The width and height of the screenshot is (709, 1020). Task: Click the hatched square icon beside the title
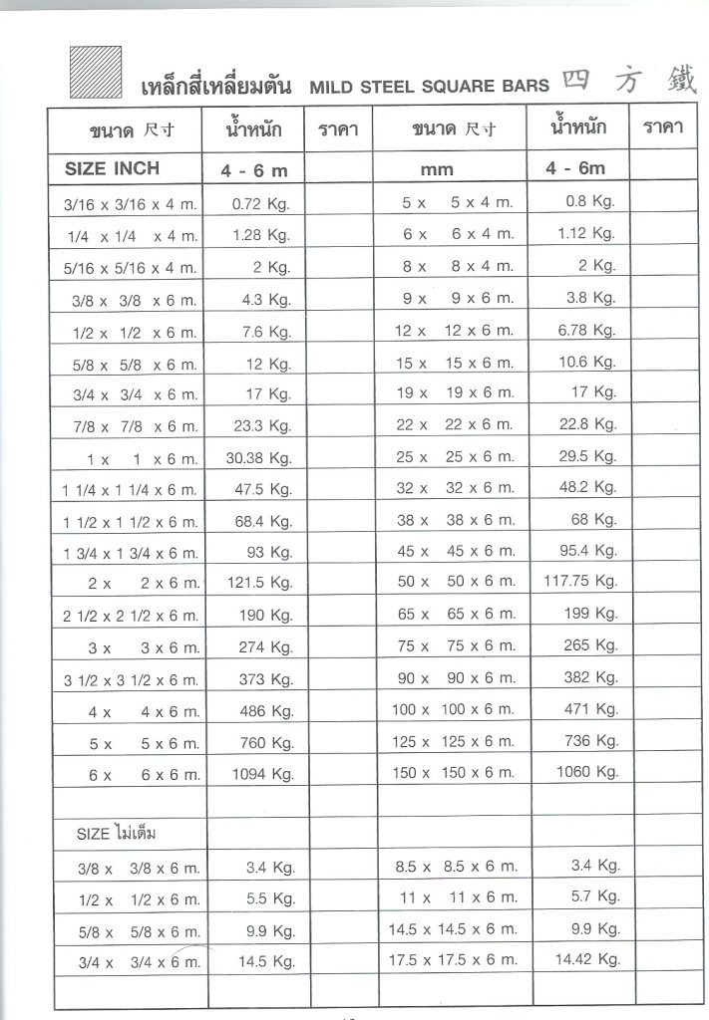[x=95, y=73]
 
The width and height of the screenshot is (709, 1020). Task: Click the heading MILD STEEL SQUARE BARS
[x=429, y=87]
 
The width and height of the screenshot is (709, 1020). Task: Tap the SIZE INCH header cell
[x=112, y=168]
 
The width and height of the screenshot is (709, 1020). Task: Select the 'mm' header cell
[x=437, y=169]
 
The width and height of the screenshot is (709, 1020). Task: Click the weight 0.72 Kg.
[x=260, y=203]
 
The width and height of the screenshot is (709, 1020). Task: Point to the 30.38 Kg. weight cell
[x=259, y=458]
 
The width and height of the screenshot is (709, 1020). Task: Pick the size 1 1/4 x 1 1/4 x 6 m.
[x=131, y=490]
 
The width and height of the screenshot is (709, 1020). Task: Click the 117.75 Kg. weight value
[x=580, y=581]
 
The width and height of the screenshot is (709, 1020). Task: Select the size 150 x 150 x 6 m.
[x=454, y=772]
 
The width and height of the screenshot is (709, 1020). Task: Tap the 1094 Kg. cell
[x=261, y=773]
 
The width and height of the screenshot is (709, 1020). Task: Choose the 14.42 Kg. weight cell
[x=588, y=959]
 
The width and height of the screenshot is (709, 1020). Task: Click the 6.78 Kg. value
[x=587, y=330]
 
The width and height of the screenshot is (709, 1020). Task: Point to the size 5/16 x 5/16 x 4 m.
[x=131, y=268]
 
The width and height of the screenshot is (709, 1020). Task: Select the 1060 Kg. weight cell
[x=587, y=772]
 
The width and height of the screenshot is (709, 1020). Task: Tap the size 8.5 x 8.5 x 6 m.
[x=456, y=868]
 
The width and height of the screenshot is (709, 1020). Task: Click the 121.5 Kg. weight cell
[x=259, y=583]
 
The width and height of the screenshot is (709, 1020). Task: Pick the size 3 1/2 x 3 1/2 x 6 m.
[x=131, y=680]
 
